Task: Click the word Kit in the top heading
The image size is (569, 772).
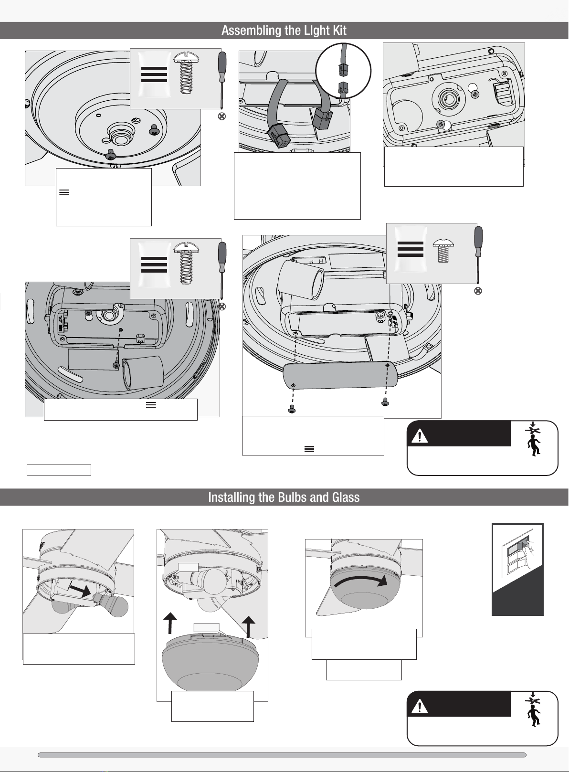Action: [340, 31]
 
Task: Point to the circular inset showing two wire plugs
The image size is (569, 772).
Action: [343, 71]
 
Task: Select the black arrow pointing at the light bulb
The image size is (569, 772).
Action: [80, 591]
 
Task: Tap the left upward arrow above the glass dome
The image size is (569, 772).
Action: [170, 623]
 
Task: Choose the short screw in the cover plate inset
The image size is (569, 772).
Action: [443, 251]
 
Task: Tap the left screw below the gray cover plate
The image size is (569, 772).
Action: [292, 409]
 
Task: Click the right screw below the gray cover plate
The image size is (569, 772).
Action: [385, 402]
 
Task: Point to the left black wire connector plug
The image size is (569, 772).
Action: [278, 135]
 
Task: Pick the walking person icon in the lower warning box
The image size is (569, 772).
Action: [534, 716]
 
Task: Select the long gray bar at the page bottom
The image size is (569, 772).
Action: [282, 755]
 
